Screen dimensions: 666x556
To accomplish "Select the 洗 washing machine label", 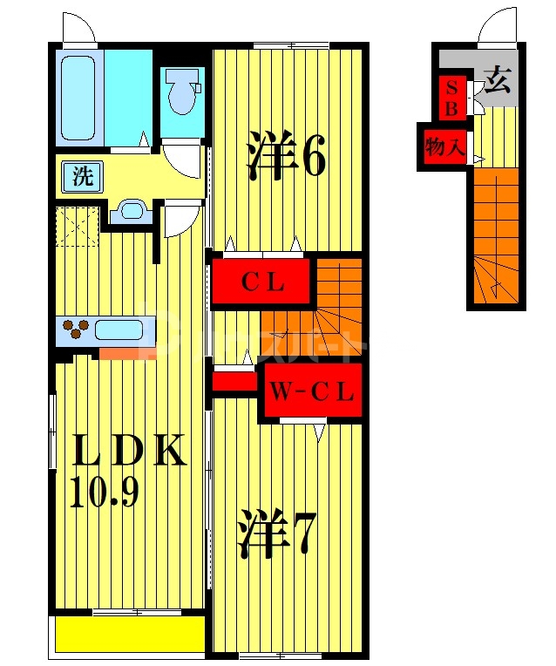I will tap(81, 178).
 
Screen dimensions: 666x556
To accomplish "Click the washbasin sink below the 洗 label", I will tap(132, 210).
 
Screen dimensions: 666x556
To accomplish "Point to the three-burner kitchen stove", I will tap(77, 330).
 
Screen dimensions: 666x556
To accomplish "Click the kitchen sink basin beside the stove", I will tap(119, 330).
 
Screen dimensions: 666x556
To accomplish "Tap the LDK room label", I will tap(128, 452).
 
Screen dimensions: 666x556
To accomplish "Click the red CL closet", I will tap(261, 282).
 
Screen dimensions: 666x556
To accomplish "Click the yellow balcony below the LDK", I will tap(129, 634).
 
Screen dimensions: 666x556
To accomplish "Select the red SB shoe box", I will tap(452, 97).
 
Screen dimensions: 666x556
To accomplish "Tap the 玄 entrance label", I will tap(496, 84).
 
